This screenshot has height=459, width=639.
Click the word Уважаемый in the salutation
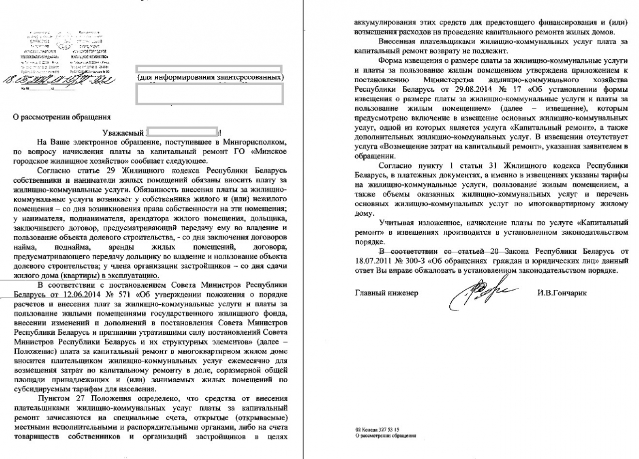[122, 133]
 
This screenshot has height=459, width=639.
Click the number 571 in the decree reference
[94, 294]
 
